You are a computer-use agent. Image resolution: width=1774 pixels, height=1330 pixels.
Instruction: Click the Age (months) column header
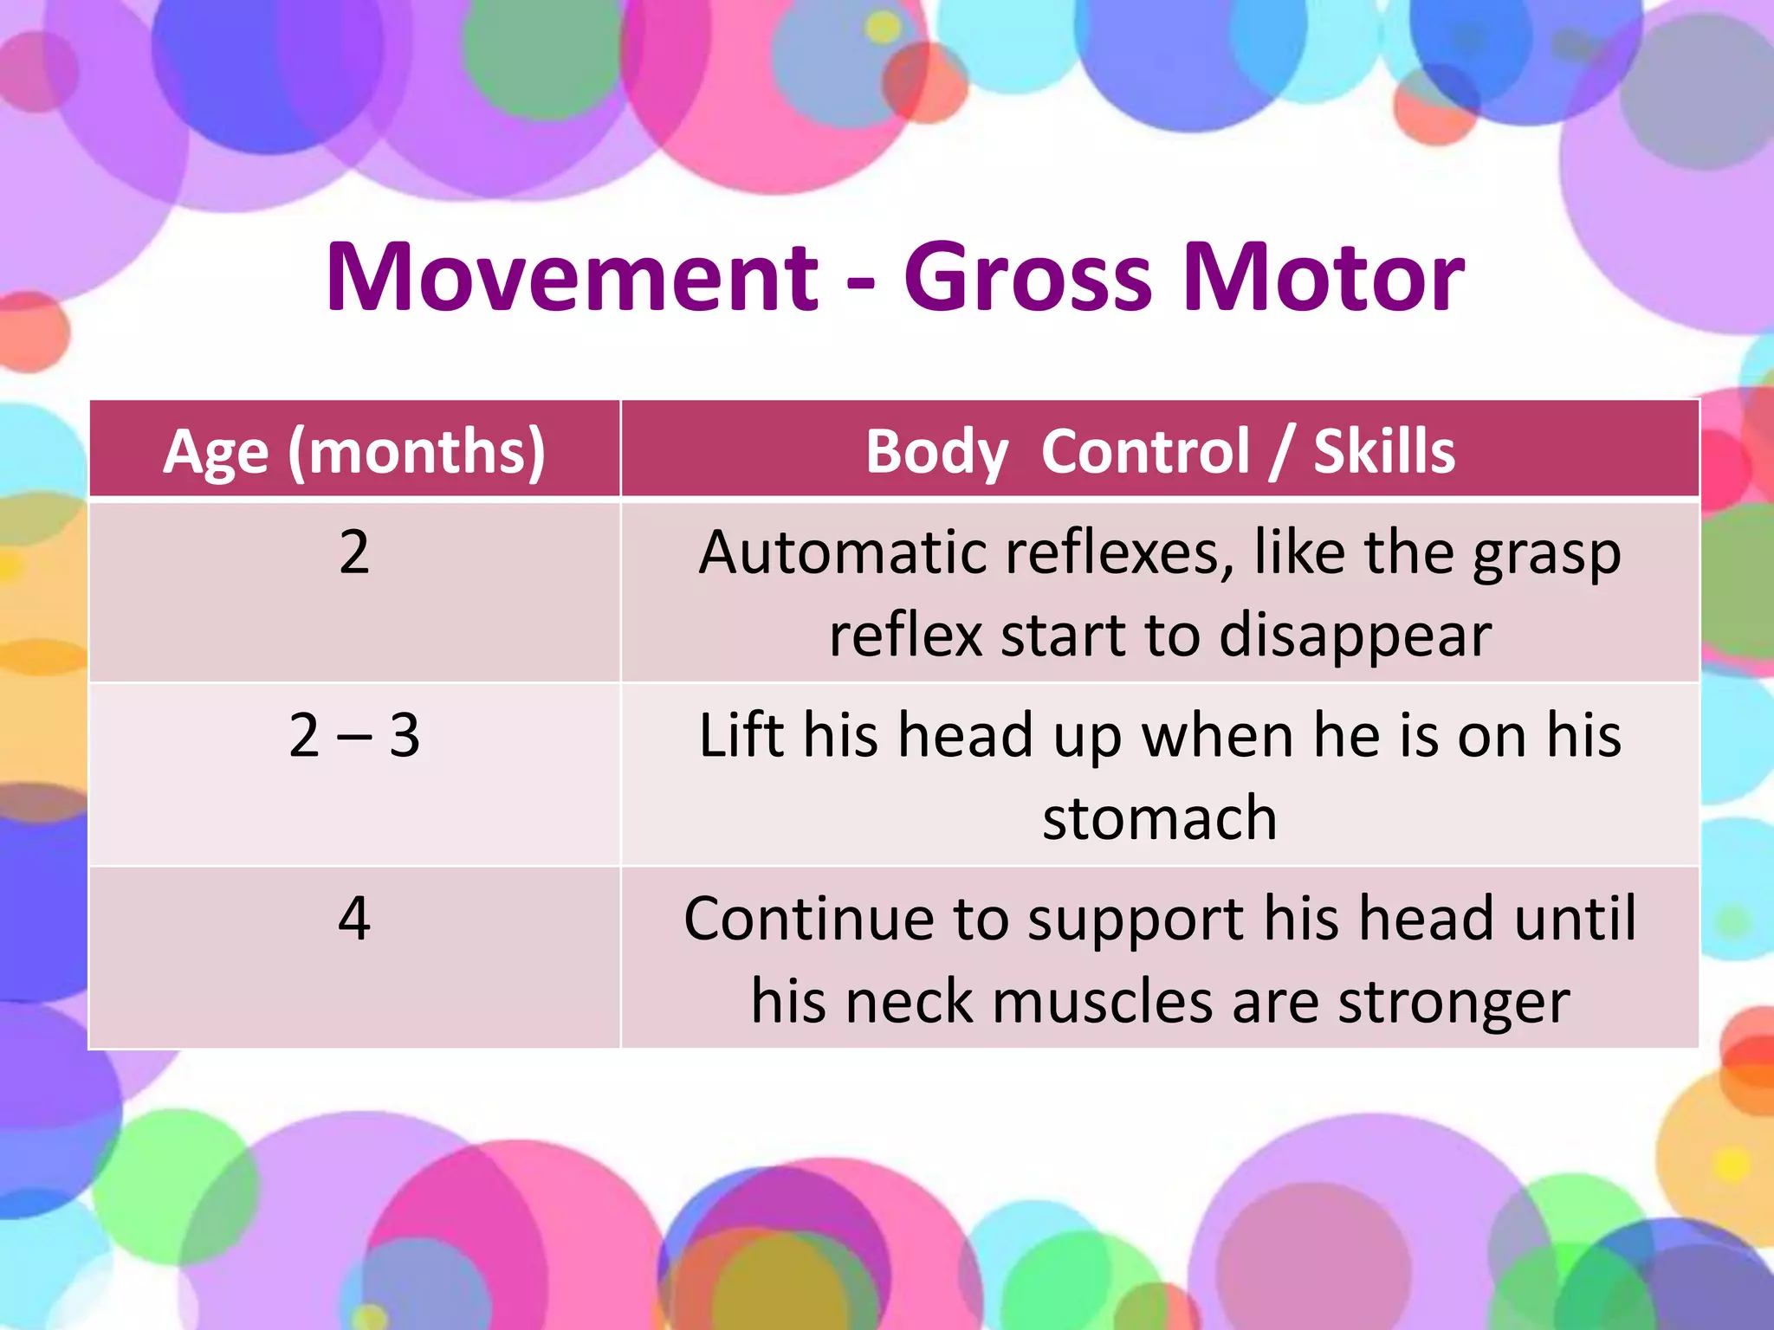tap(354, 451)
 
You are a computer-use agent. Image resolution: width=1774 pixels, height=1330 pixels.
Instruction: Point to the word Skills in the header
tap(1383, 451)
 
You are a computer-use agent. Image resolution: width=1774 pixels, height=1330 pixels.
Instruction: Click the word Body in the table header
tap(936, 451)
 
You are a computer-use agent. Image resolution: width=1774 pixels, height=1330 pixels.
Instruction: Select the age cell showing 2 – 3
tap(354, 736)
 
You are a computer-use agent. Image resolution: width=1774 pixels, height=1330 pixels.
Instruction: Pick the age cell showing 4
tap(354, 919)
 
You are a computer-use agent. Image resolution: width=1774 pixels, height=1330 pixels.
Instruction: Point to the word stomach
tap(1160, 818)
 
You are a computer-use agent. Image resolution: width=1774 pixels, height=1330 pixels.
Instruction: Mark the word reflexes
tap(1113, 552)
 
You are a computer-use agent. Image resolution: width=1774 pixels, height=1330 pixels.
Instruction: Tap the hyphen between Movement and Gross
tap(860, 284)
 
